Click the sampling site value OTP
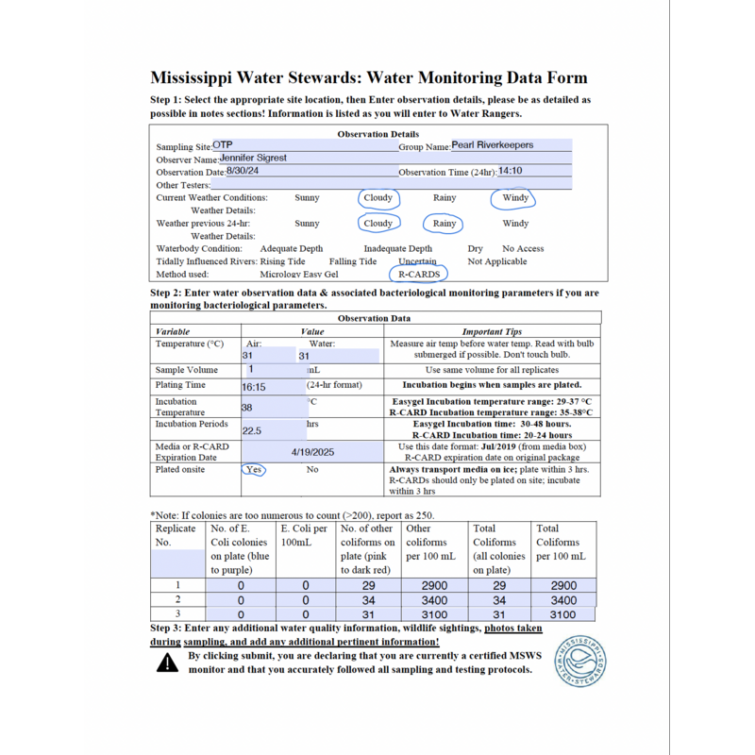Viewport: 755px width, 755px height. [223, 145]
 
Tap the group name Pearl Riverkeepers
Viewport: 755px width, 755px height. [492, 145]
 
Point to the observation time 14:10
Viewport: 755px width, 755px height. [510, 172]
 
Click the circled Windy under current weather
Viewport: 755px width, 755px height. [515, 198]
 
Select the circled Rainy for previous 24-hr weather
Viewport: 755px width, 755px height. [445, 224]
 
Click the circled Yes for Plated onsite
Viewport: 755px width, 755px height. [253, 469]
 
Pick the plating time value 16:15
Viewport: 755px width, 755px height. [255, 387]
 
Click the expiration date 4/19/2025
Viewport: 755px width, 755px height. [313, 453]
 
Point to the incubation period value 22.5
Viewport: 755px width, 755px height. [251, 430]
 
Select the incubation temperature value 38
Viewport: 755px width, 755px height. [247, 408]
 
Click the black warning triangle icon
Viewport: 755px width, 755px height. [167, 663]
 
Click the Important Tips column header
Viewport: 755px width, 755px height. [492, 332]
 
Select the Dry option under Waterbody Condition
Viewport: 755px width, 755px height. [476, 249]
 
